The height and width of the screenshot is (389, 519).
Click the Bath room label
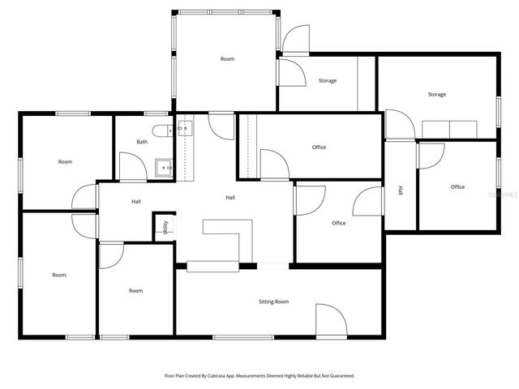(142, 142)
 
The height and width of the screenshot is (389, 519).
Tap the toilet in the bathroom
(159, 130)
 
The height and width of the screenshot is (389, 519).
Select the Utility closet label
(165, 227)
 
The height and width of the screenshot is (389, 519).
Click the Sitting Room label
(273, 301)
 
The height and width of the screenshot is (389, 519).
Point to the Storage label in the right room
(437, 95)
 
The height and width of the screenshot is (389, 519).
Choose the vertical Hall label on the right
(401, 191)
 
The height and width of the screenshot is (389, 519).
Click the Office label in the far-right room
(457, 187)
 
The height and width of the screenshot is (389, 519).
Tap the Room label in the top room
(227, 59)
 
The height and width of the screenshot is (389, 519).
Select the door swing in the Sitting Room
(328, 320)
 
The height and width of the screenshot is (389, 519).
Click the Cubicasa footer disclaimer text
(259, 375)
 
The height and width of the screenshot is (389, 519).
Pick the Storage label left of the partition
(328, 81)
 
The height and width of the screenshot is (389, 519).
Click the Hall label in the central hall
(230, 198)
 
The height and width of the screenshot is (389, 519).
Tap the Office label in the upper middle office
(319, 147)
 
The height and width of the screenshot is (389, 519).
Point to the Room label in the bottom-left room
(59, 275)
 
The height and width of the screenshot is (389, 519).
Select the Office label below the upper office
(338, 223)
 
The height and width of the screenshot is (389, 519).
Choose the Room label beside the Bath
(65, 162)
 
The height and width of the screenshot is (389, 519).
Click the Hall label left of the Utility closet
(137, 202)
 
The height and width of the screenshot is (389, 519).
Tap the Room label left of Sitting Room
(135, 290)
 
